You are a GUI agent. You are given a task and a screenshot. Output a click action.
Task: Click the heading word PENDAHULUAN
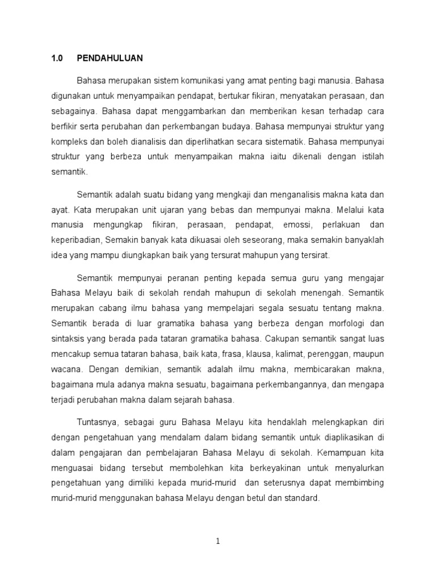tap(110, 58)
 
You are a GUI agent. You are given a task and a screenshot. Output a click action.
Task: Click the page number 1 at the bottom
tap(217, 541)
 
